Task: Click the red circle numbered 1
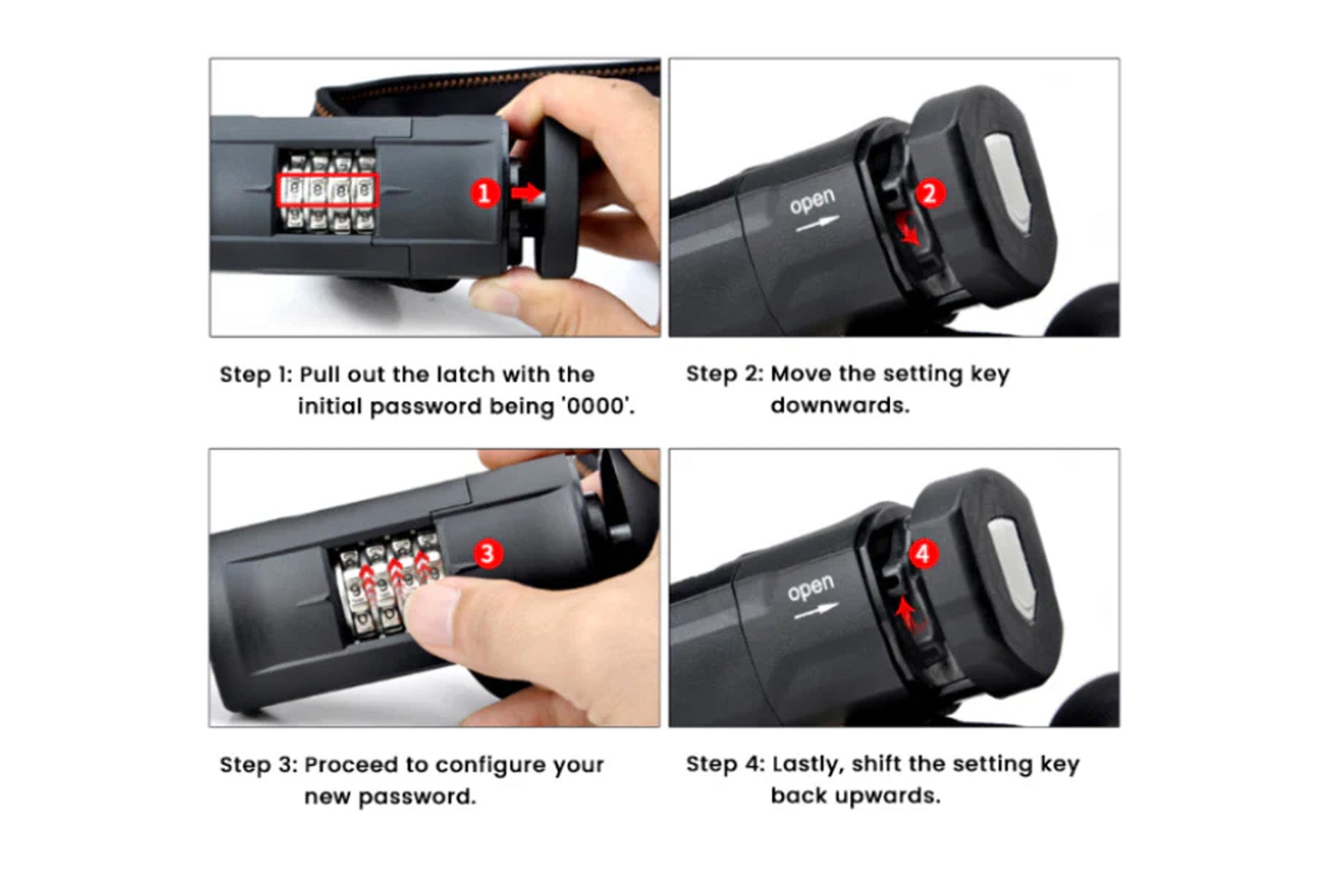coord(485,193)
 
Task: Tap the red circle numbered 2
coord(930,193)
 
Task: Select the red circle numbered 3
coord(488,553)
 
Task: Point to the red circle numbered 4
coord(923,554)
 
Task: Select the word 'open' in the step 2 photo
coord(812,201)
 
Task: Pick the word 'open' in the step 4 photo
coord(810,588)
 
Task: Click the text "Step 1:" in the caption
coord(256,375)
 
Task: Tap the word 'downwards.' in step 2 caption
coord(840,405)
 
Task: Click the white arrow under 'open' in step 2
coord(817,224)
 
